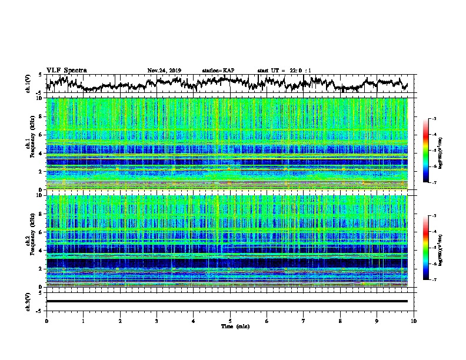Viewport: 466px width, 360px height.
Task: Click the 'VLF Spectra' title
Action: click(x=66, y=71)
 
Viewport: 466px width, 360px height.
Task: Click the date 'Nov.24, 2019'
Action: click(x=164, y=71)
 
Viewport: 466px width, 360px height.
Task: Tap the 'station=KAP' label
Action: click(x=218, y=71)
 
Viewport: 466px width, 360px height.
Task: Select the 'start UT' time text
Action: click(x=284, y=71)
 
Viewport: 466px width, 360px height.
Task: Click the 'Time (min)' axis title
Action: click(x=230, y=325)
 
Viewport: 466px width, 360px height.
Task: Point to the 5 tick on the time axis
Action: click(x=230, y=320)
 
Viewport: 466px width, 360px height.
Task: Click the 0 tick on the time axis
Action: click(x=46, y=320)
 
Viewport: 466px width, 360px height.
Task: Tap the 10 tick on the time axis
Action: click(x=414, y=320)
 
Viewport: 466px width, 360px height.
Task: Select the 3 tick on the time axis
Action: click(x=157, y=320)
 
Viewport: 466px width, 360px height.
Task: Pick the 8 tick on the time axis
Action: click(x=340, y=320)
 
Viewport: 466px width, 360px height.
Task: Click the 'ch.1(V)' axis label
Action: click(x=28, y=84)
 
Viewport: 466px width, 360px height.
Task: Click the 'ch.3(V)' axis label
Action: click(x=28, y=301)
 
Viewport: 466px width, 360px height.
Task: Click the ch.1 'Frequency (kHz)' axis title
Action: click(x=30, y=144)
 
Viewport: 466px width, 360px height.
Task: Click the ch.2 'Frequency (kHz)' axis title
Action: click(x=30, y=241)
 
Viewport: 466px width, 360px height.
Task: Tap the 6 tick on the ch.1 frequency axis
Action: click(x=41, y=135)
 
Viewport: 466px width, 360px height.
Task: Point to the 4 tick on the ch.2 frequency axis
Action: click(x=41, y=250)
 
